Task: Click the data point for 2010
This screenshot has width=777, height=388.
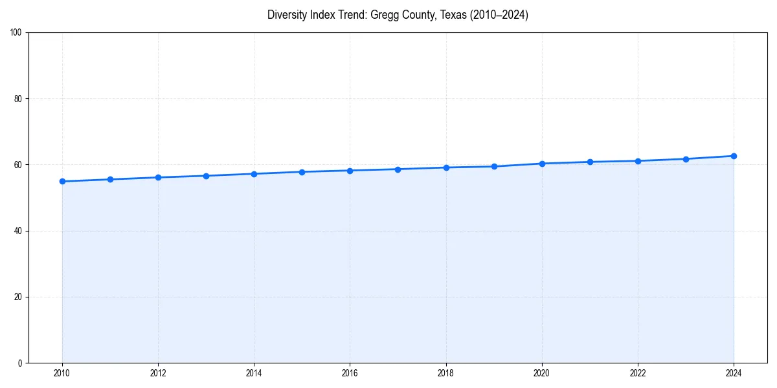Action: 62,181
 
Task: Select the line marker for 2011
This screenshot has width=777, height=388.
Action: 110,179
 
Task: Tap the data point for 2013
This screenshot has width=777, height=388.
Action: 206,176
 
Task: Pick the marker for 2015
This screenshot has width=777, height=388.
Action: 302,172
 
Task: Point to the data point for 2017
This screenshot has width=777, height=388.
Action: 398,169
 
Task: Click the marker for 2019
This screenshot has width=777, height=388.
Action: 494,166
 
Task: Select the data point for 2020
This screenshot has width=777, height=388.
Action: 542,164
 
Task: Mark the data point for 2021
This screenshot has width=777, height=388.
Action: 590,162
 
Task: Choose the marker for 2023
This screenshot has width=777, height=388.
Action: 686,159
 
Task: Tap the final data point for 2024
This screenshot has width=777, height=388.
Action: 734,156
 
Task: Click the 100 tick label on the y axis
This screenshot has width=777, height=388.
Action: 16,33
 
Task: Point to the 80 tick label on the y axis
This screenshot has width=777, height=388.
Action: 18,99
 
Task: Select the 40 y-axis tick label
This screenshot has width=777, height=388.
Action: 18,231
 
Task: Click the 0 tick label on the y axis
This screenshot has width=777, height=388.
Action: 20,363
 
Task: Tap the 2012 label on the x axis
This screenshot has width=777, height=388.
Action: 158,373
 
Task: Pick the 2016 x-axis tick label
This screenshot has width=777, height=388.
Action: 350,373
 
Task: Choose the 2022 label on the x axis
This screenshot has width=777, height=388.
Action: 638,373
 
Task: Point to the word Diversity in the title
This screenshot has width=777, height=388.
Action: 286,15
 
